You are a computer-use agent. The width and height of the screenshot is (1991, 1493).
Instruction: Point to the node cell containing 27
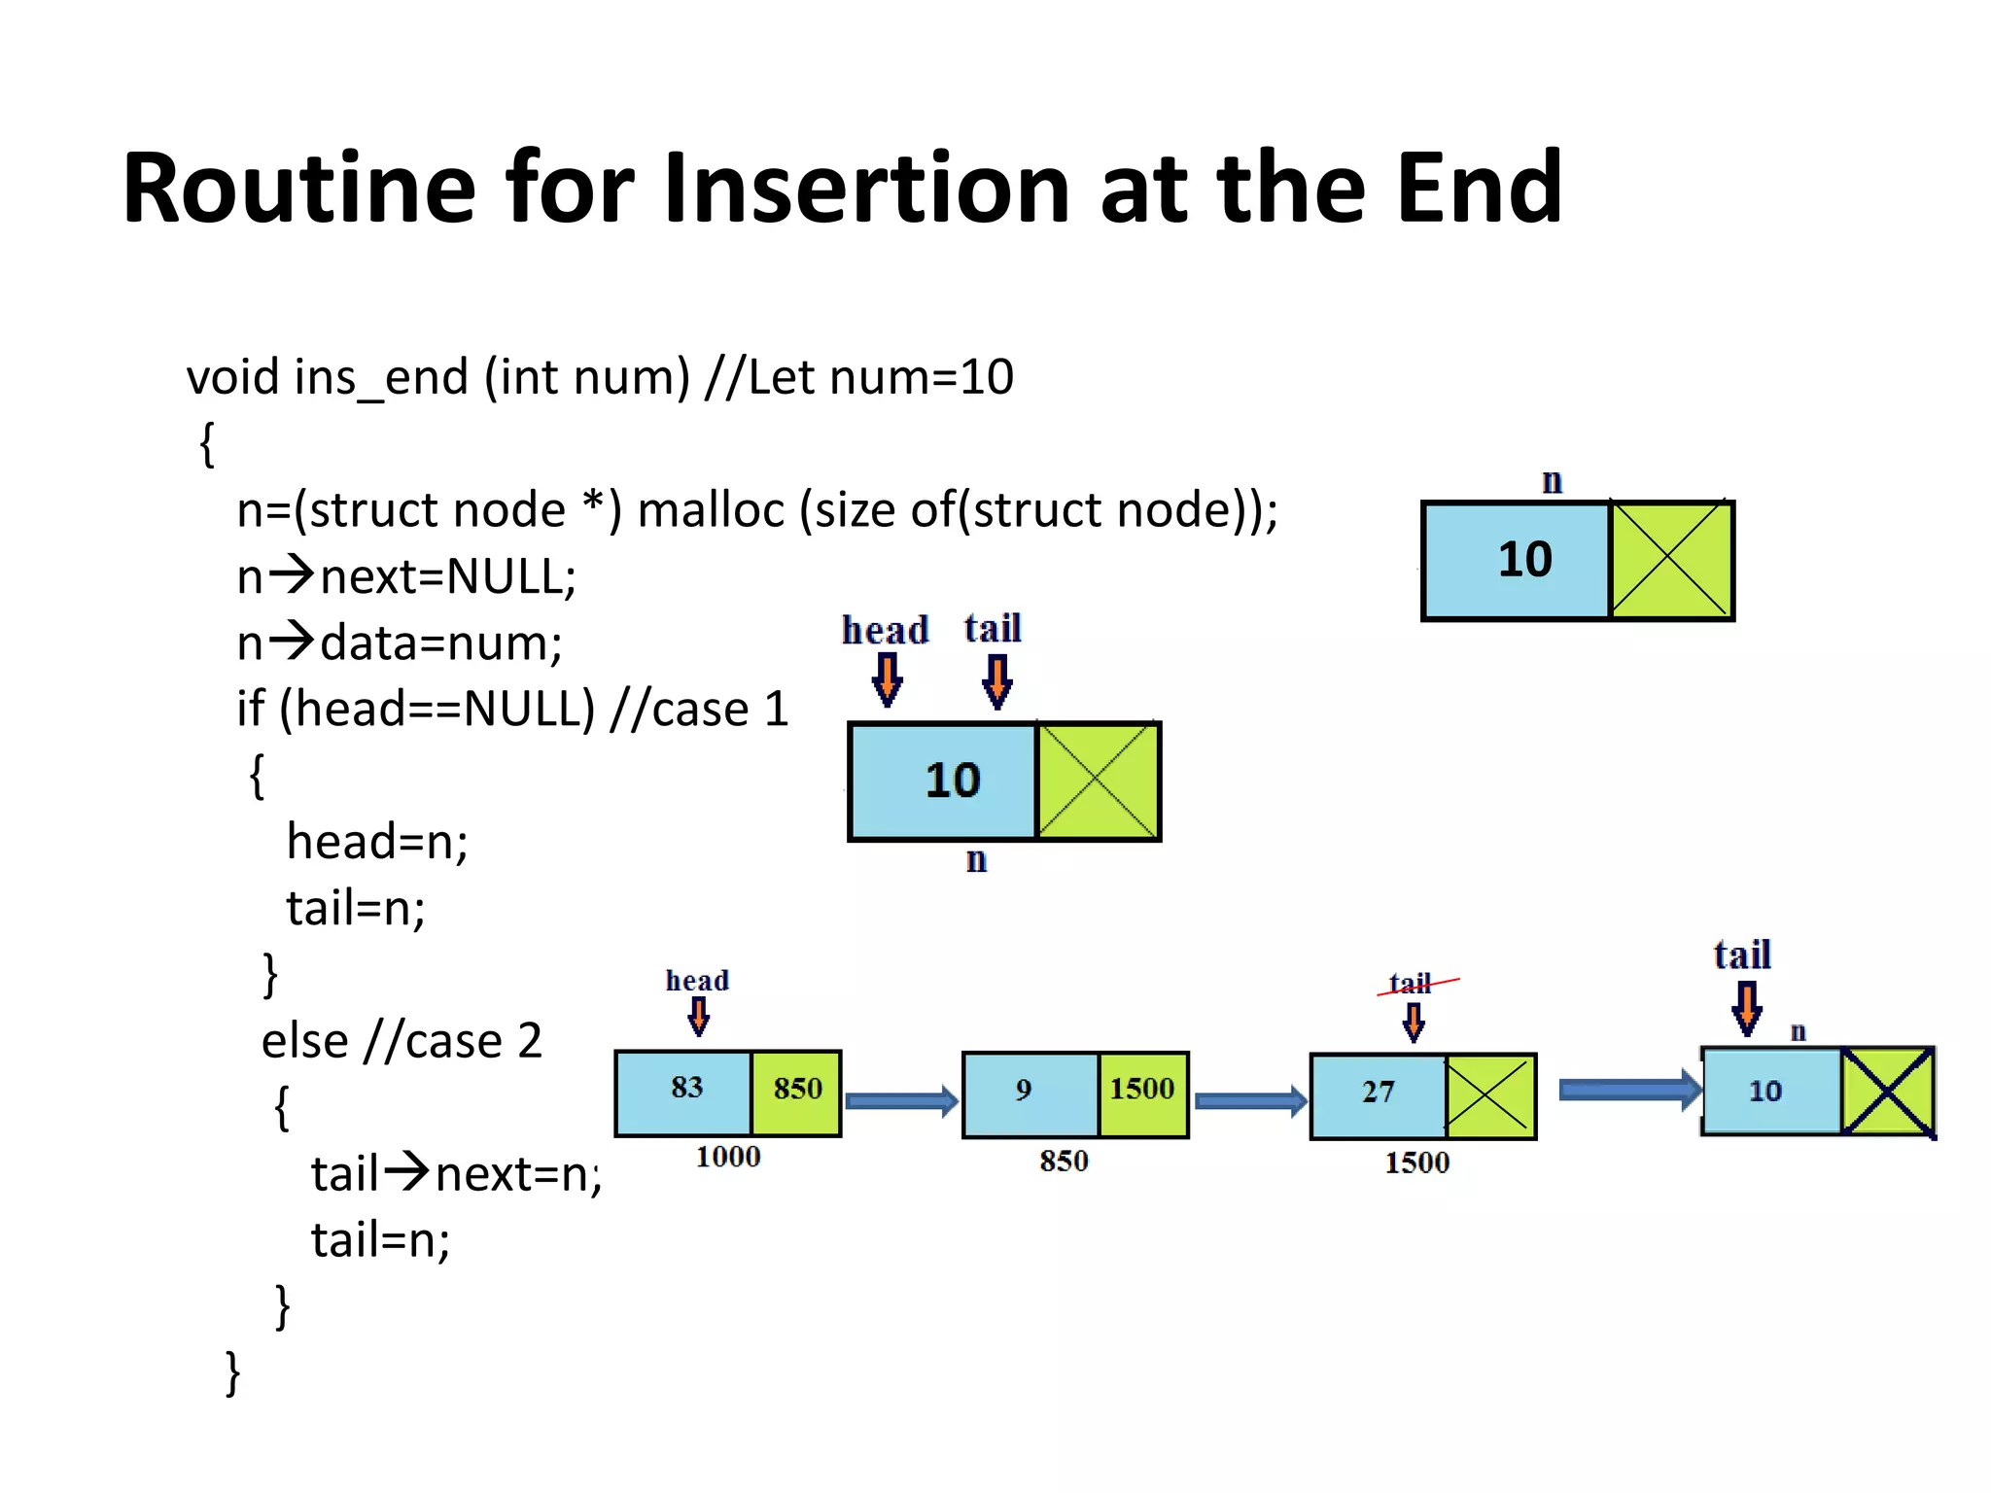(x=1379, y=1095)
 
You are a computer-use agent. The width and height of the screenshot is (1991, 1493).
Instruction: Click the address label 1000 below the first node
(x=728, y=1157)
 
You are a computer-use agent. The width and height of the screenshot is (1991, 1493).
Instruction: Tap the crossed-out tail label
(x=1412, y=984)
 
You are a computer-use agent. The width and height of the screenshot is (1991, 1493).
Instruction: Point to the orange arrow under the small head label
(x=698, y=1017)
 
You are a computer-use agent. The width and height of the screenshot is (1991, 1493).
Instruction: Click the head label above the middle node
(x=885, y=631)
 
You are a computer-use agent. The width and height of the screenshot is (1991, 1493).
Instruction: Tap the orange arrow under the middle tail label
(x=997, y=680)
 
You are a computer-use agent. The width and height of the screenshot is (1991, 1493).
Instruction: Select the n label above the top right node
(x=1553, y=481)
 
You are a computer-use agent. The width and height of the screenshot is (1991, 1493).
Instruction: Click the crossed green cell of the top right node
(x=1670, y=560)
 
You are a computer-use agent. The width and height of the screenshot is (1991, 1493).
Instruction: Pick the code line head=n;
(x=377, y=842)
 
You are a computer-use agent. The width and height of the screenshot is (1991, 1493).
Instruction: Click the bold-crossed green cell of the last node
(x=1887, y=1092)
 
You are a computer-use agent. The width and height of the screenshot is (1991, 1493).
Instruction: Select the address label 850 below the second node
(x=1064, y=1161)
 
